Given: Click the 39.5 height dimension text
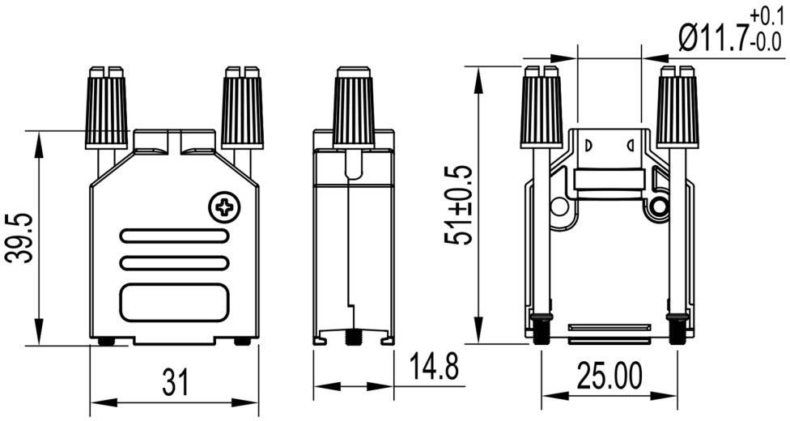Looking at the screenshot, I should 18,238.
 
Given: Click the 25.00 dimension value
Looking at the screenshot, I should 609,376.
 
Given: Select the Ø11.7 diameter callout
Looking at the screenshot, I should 711,37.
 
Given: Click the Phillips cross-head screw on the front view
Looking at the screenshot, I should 224,207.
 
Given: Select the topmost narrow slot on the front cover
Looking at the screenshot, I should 173,236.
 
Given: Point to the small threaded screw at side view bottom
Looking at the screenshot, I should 354,334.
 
